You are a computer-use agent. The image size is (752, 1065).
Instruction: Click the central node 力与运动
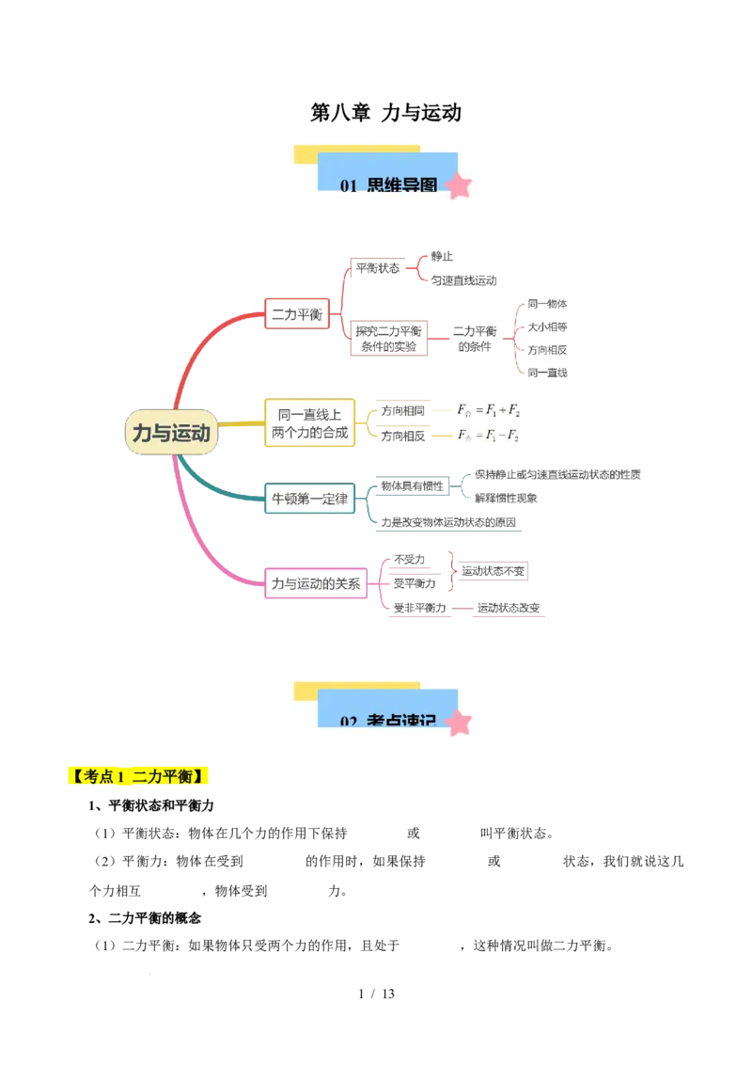[x=171, y=433]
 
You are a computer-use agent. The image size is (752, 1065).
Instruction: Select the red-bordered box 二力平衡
[x=297, y=314]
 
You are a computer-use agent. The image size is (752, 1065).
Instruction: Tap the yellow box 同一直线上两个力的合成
[x=309, y=422]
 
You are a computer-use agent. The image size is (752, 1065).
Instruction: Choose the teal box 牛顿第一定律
[x=309, y=499]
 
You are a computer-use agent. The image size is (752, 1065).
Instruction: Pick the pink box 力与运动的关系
[x=316, y=583]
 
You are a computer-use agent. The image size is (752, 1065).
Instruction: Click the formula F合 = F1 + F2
[x=488, y=410]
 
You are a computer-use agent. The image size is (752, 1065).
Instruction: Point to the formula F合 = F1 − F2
[x=488, y=435]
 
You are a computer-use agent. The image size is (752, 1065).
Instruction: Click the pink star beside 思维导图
[x=459, y=186]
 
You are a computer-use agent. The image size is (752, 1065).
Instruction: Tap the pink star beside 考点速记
[x=459, y=723]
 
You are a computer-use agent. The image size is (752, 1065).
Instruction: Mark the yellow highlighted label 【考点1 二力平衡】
[x=139, y=777]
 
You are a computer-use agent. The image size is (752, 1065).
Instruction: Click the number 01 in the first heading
[x=348, y=186]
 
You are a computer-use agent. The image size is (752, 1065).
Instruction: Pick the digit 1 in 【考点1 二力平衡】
[x=121, y=777]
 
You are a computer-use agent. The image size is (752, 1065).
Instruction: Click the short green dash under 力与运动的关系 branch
[x=461, y=612]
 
